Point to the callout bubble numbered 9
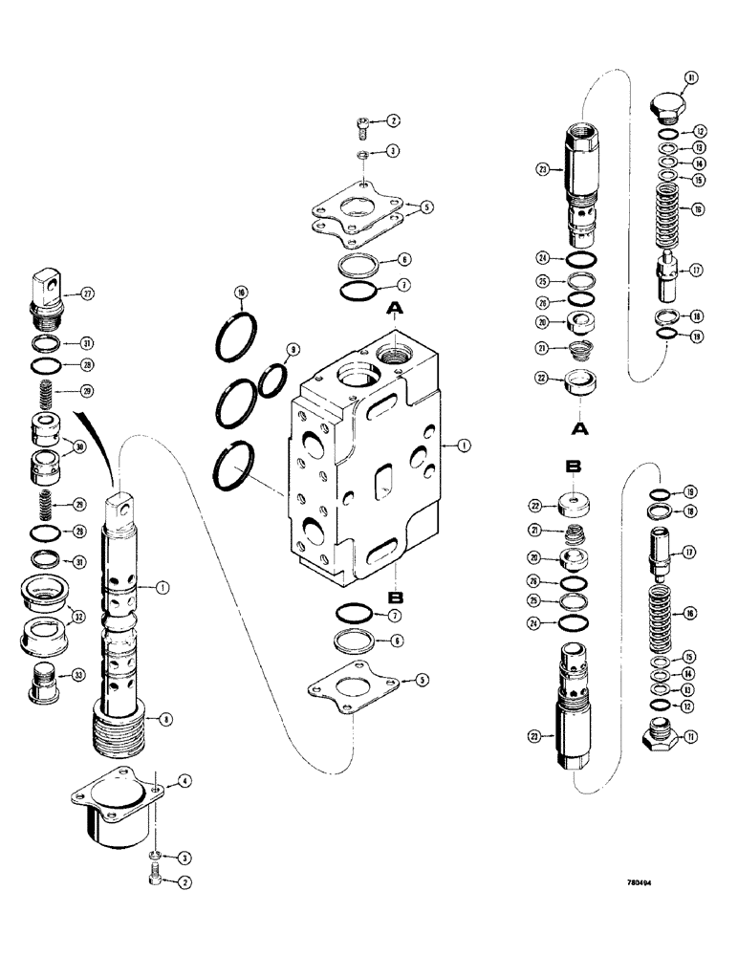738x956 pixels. (293, 349)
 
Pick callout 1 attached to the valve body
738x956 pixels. (462, 444)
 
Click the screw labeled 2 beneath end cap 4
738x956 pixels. (157, 877)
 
